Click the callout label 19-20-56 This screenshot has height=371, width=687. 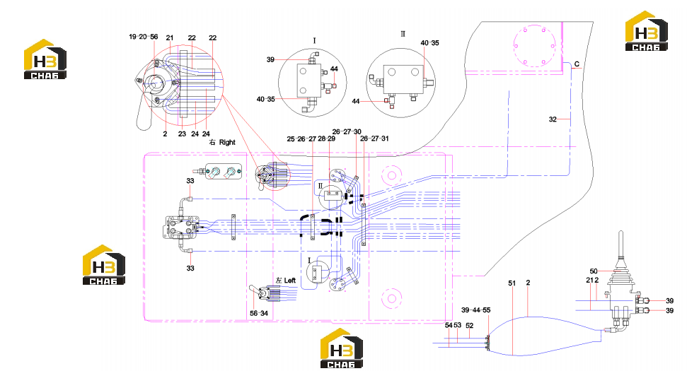click(x=143, y=37)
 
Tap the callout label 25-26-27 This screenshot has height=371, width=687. click(x=301, y=139)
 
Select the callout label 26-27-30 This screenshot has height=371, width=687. click(x=347, y=131)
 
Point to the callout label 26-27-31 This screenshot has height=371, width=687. click(x=374, y=139)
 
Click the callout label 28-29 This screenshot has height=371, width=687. click(x=326, y=139)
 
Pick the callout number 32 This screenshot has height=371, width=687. click(x=553, y=119)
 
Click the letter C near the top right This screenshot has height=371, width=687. click(x=577, y=64)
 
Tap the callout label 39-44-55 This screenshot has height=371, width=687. click(x=476, y=310)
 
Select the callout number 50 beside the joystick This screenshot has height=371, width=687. click(x=594, y=271)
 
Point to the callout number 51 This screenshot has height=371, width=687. click(x=512, y=283)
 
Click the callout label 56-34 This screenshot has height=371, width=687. click(x=258, y=313)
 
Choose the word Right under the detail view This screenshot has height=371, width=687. click(x=227, y=142)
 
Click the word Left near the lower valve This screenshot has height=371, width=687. click(x=290, y=280)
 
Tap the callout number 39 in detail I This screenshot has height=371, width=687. click(x=270, y=59)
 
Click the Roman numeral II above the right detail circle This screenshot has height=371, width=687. click(x=403, y=34)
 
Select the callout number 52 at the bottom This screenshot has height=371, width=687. click(x=470, y=326)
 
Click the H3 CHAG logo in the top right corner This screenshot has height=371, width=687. click(x=646, y=31)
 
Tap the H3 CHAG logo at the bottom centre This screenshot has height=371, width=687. click(x=342, y=348)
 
